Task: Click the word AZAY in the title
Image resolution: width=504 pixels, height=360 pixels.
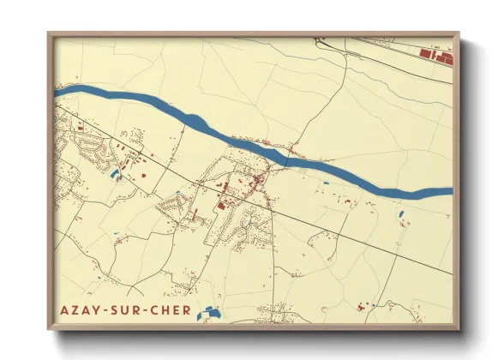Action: [x=81, y=311]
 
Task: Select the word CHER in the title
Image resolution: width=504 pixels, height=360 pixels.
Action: [x=171, y=311]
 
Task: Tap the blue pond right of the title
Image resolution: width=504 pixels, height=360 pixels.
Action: [x=207, y=314]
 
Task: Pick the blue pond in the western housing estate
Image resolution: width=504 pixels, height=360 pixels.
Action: [x=114, y=176]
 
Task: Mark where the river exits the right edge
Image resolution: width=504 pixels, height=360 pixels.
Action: [x=451, y=191]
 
